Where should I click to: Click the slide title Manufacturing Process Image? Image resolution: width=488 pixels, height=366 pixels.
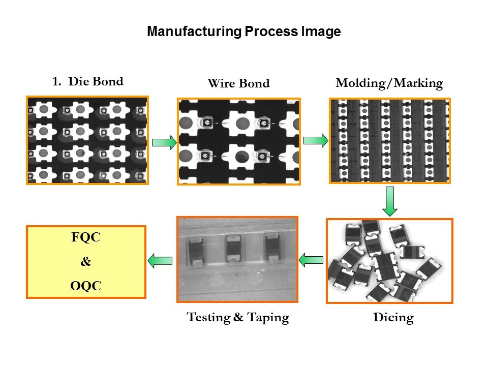click(x=243, y=32)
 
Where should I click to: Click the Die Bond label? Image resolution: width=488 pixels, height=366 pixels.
click(x=96, y=81)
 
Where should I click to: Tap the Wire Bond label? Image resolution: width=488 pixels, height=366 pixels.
click(x=238, y=83)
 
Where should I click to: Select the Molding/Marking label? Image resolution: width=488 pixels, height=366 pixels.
click(x=389, y=83)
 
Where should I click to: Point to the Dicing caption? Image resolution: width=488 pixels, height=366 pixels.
click(x=393, y=318)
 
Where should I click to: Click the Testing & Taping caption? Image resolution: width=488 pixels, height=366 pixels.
click(x=238, y=318)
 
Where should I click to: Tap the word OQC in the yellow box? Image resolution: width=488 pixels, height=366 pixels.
click(x=86, y=286)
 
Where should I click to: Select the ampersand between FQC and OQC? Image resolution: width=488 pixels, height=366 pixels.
click(x=86, y=263)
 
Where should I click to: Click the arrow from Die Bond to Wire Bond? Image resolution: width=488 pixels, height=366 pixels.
click(x=164, y=143)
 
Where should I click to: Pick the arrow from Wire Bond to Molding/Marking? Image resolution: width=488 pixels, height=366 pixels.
click(x=316, y=140)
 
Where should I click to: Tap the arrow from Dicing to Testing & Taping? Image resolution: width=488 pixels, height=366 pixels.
click(x=311, y=260)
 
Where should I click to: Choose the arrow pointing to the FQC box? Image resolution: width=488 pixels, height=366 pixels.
click(x=160, y=261)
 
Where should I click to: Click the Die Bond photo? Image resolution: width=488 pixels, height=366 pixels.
click(x=87, y=139)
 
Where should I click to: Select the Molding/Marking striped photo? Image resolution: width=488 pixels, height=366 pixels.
click(x=389, y=140)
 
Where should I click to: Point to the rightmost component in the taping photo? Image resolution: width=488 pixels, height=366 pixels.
click(x=272, y=247)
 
